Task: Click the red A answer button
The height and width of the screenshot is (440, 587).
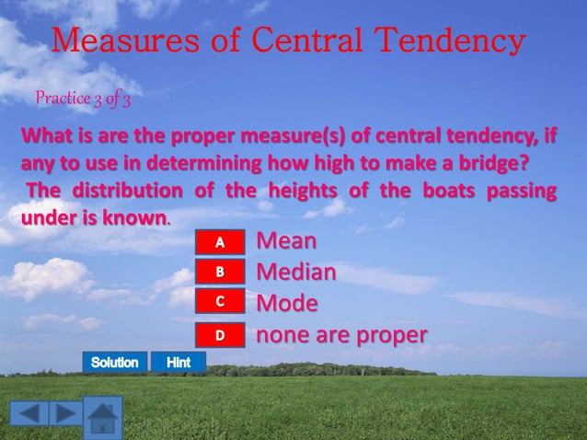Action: click(x=220, y=242)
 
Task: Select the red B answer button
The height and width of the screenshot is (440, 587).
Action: click(x=220, y=272)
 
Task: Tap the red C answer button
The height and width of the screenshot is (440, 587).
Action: click(x=220, y=302)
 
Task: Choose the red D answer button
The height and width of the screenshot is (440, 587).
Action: click(x=220, y=334)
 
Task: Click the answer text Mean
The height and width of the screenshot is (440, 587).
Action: click(x=286, y=241)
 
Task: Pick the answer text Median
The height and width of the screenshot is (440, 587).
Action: click(x=295, y=272)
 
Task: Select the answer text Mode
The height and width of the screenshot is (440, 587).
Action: click(x=287, y=303)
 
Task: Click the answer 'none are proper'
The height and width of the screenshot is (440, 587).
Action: click(x=340, y=334)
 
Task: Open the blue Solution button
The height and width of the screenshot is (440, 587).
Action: click(x=114, y=363)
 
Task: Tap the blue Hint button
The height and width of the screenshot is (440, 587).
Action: click(x=178, y=363)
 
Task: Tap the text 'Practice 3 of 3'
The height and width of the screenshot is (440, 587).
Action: click(x=83, y=98)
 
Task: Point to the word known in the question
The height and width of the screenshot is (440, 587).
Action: click(x=138, y=218)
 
